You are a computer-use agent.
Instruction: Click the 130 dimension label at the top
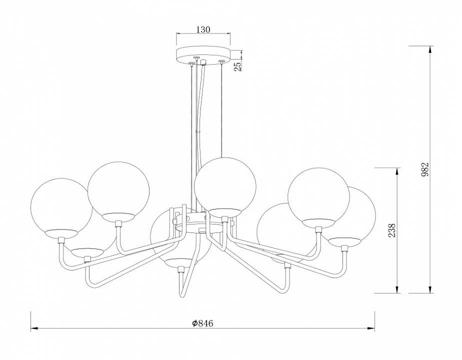point(203,29)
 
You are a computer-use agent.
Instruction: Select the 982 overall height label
point(425,169)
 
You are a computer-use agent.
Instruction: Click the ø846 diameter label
point(202,323)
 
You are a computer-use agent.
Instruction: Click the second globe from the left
point(118,192)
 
